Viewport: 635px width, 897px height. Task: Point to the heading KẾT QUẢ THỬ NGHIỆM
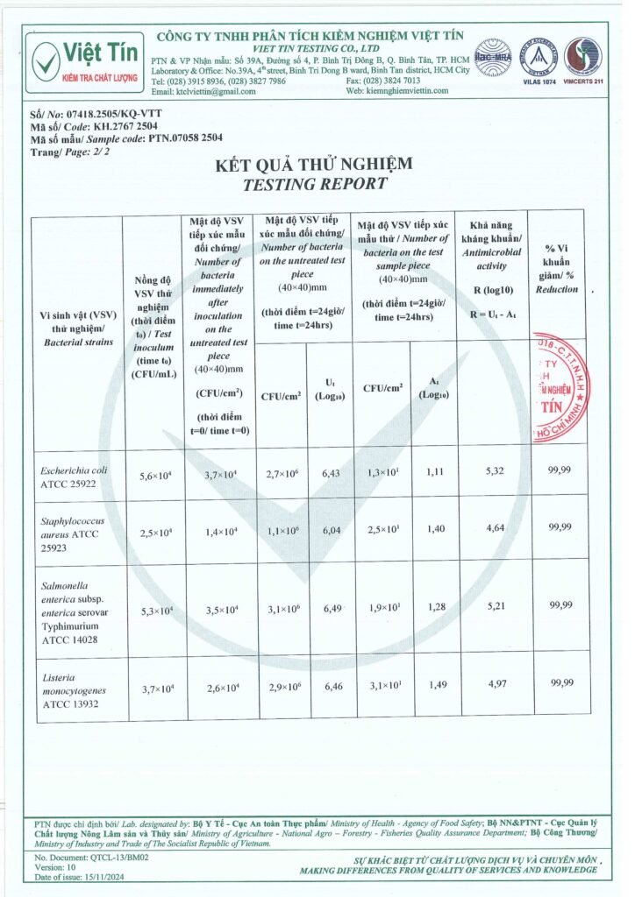pos(314,165)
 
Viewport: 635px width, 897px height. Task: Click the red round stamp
pos(560,387)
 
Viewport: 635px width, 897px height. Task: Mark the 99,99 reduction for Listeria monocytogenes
pos(560,683)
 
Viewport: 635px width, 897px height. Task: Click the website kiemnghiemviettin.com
pos(408,91)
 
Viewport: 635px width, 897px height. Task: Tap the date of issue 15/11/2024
pos(96,877)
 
